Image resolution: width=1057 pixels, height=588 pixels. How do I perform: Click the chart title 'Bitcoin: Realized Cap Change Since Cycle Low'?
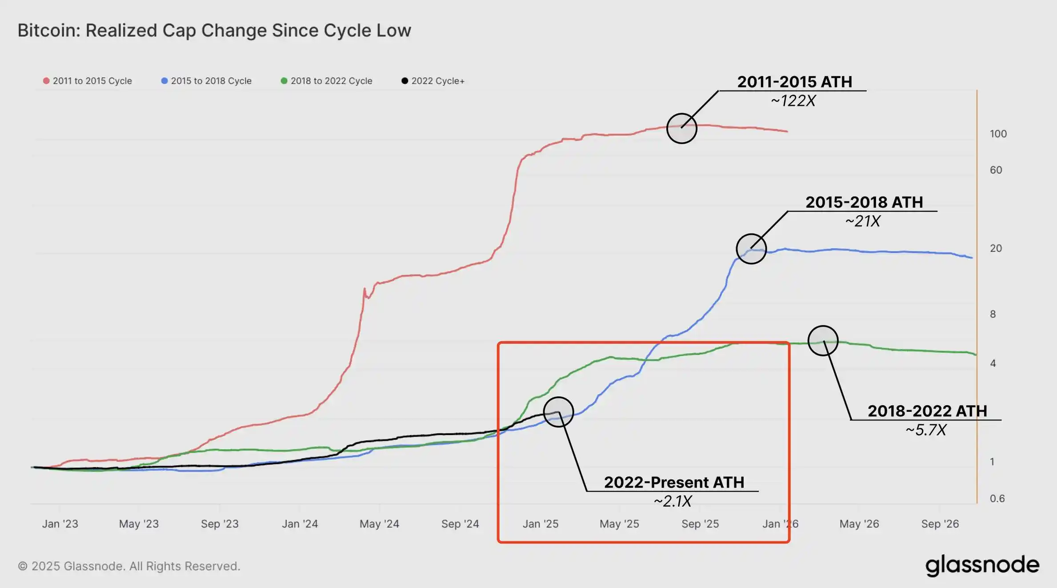214,31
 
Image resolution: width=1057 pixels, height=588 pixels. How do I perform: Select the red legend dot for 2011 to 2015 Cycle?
46,81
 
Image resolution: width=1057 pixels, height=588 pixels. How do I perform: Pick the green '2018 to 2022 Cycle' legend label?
331,81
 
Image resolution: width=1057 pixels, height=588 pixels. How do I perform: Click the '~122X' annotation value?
793,101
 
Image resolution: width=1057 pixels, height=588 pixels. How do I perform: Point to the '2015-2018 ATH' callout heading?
864,202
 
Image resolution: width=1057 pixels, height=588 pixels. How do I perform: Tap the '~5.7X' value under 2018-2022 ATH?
926,430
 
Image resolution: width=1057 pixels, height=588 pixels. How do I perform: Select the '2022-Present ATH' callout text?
674,483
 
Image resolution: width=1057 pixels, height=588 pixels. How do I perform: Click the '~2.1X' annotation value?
673,501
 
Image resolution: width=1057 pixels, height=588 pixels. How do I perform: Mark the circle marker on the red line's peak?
682,128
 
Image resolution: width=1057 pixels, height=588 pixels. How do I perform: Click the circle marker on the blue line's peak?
751,249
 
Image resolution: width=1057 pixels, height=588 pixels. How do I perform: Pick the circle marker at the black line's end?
558,412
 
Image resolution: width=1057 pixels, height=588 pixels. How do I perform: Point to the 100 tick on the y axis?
998,134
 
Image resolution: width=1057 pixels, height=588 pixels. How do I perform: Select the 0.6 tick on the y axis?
997,499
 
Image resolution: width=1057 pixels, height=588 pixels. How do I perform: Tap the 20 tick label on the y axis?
996,248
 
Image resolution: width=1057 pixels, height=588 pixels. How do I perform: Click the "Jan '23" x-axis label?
60,524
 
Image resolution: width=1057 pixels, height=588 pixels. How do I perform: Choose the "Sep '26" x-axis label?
940,524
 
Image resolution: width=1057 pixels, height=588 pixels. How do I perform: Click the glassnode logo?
982,565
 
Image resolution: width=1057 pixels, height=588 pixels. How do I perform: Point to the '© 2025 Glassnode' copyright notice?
129,566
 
